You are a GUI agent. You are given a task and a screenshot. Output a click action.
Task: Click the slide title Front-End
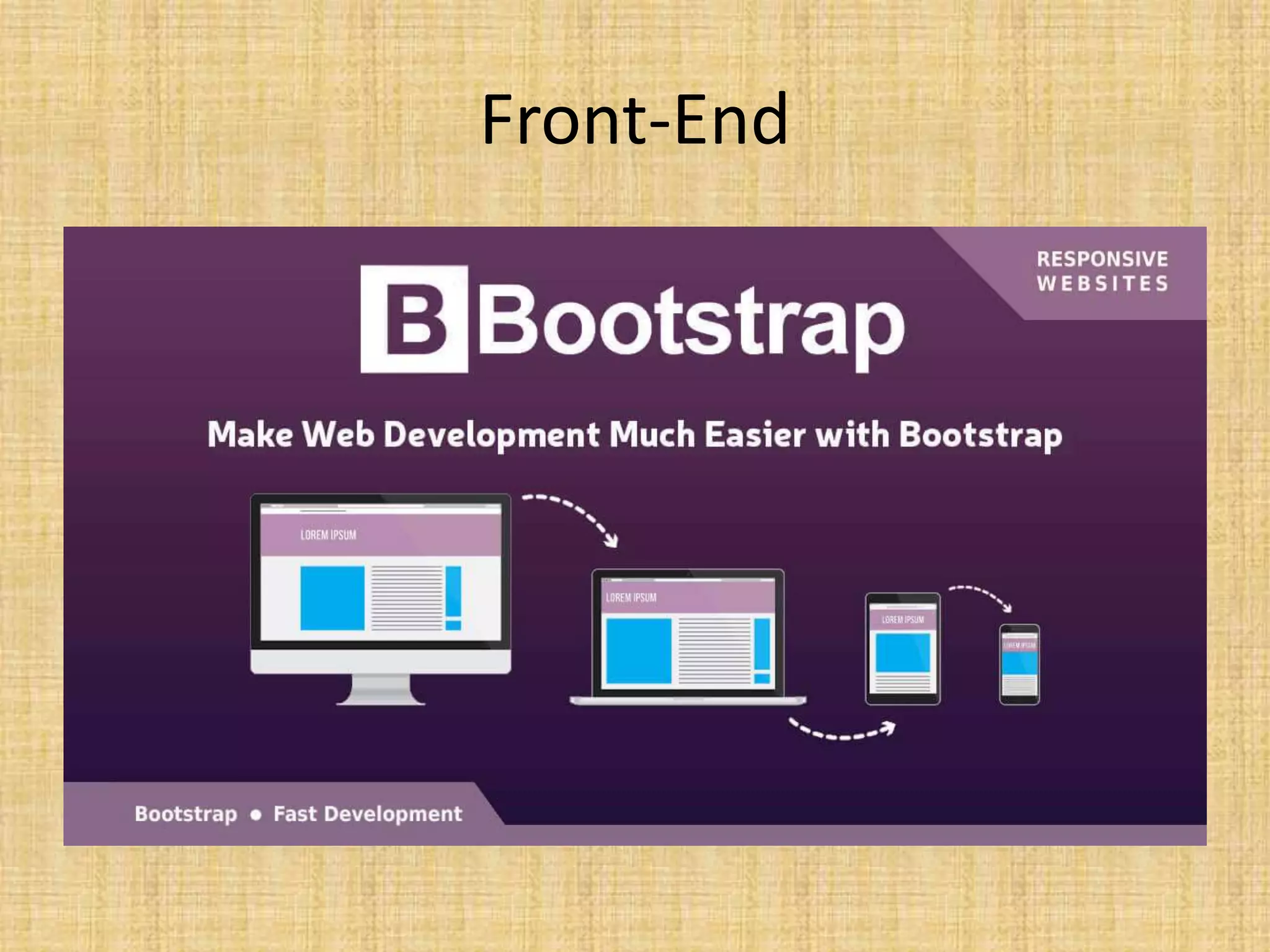[634, 120]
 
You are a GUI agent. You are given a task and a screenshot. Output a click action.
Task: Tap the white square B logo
[414, 319]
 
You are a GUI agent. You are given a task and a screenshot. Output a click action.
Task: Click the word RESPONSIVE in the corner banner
[1102, 258]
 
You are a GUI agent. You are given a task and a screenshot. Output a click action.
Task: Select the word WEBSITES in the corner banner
[1102, 284]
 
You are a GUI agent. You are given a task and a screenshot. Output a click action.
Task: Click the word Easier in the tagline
[755, 434]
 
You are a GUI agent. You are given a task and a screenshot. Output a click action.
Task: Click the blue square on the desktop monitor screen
[332, 598]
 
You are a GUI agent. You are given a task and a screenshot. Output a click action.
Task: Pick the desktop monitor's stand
[381, 689]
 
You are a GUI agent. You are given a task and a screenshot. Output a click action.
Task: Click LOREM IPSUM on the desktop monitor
[328, 535]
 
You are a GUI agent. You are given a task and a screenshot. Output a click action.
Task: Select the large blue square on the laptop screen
[638, 651]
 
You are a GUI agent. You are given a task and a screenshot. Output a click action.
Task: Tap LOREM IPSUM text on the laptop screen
[631, 598]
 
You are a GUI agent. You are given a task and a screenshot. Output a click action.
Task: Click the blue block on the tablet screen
[902, 652]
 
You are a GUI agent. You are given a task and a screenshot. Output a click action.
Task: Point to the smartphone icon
[1019, 664]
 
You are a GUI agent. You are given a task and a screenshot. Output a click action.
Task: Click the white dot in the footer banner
[255, 814]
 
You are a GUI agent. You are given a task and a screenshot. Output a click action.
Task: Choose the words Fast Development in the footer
[368, 814]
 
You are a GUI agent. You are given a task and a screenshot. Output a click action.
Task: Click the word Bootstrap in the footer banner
[186, 814]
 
